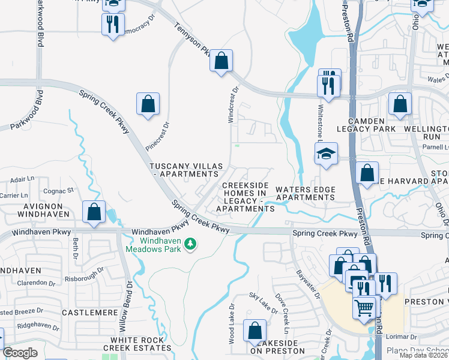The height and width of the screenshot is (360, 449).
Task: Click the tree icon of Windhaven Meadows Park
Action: [x=190, y=243]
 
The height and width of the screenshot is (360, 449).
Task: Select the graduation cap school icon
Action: [x=327, y=154]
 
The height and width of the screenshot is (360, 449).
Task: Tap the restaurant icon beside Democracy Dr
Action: [x=112, y=25]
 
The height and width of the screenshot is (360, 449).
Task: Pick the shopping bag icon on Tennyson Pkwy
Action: [x=221, y=60]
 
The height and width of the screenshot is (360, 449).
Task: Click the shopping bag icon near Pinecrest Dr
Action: [x=148, y=104]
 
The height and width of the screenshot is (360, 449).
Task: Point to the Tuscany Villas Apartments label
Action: [x=186, y=170]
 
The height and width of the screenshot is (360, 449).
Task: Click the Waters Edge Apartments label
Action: [x=304, y=194]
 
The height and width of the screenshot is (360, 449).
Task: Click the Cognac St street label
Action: [x=61, y=190]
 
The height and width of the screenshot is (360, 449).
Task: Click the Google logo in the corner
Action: [x=20, y=353]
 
